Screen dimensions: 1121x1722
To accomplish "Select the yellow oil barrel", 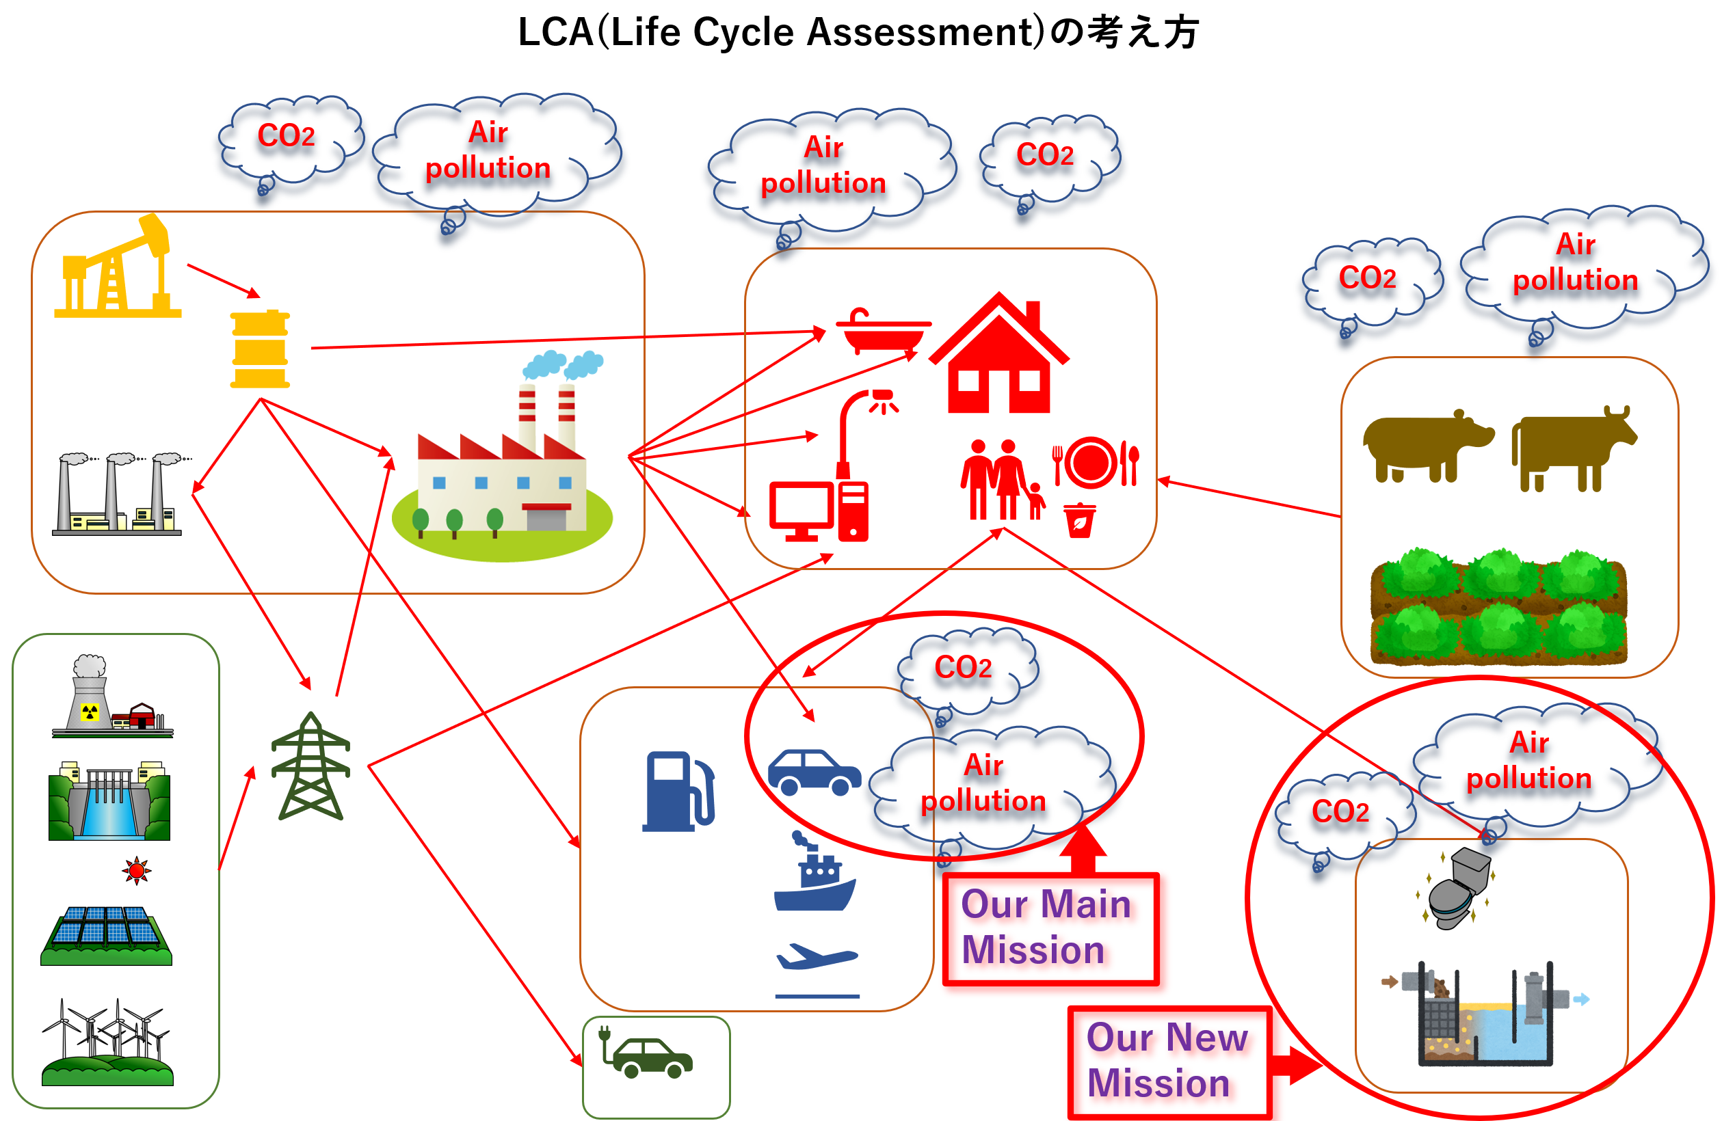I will (x=260, y=349).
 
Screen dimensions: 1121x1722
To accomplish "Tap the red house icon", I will (x=998, y=358).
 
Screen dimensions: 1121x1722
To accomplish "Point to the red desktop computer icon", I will (x=818, y=510).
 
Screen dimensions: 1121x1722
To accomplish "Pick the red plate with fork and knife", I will (x=1095, y=463).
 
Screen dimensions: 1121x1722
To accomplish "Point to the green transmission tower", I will (x=310, y=767).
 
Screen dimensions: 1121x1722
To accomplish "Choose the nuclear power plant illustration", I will (x=112, y=697).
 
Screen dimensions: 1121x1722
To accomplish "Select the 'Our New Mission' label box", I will (x=1169, y=1061).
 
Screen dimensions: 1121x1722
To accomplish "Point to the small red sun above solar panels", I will (x=136, y=871).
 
